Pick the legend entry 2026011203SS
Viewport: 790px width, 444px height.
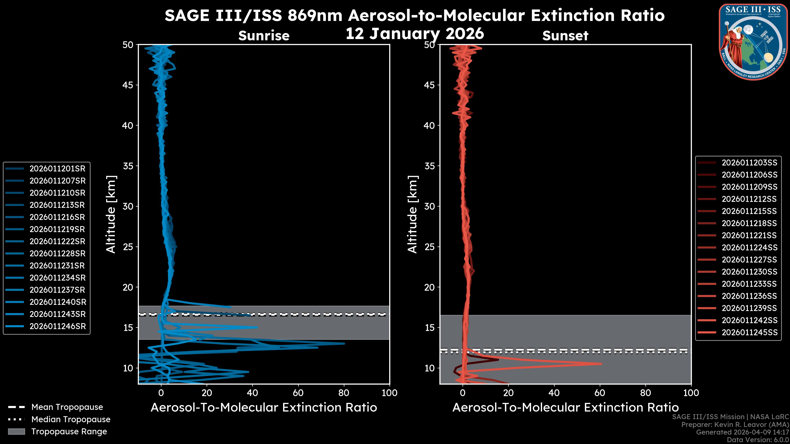[x=749, y=163]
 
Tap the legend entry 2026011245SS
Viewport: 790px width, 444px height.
[x=749, y=332]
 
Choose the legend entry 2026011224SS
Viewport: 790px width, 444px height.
[x=749, y=247]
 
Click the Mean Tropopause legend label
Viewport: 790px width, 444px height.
[x=67, y=407]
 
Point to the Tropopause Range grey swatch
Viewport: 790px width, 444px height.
[x=16, y=431]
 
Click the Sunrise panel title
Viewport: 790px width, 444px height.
[x=264, y=36]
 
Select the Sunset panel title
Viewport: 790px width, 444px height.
[x=565, y=36]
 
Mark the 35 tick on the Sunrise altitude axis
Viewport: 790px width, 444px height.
[x=128, y=166]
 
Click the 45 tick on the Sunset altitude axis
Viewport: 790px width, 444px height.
[x=429, y=85]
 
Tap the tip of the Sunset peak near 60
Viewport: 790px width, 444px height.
[x=601, y=364]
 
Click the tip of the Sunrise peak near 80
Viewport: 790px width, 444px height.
[x=344, y=343]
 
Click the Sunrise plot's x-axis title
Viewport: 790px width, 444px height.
[x=264, y=408]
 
